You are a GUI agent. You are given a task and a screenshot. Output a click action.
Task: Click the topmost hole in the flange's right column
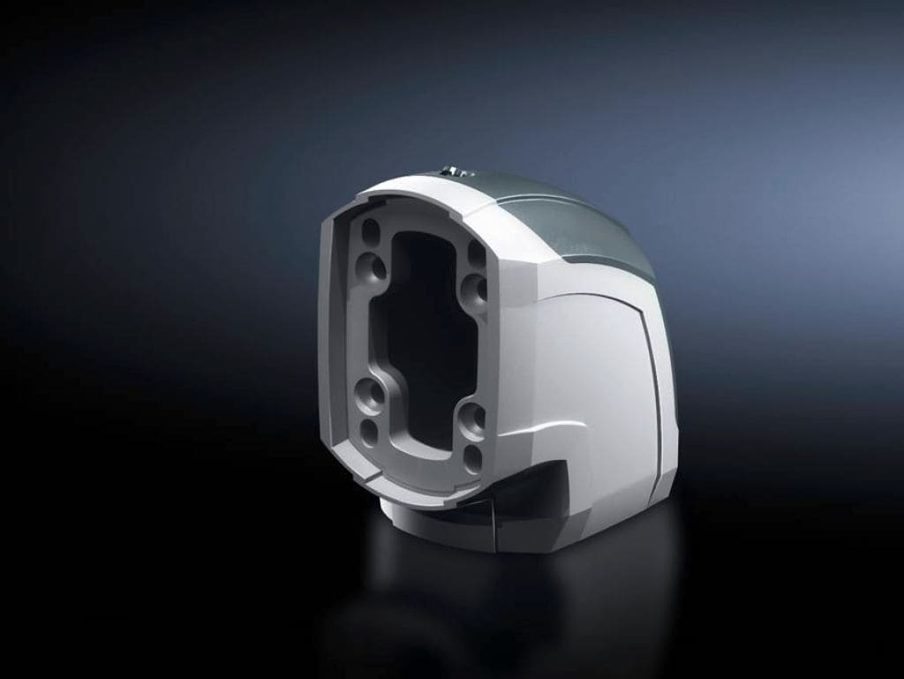(476, 254)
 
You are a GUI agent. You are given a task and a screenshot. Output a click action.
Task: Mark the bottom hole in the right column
(473, 456)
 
